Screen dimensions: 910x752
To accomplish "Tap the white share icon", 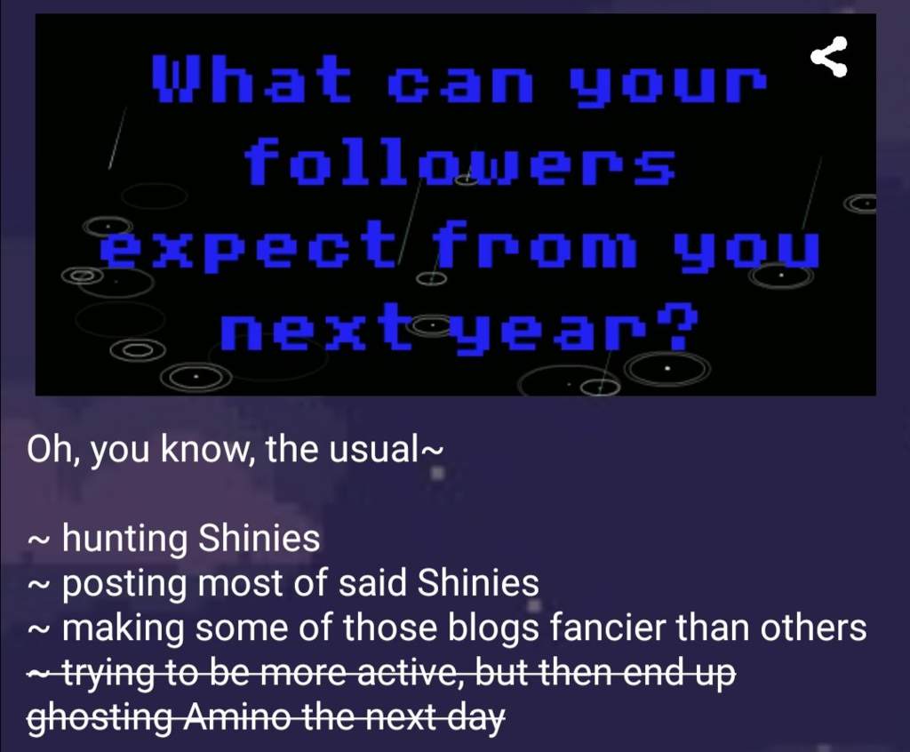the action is point(829,56).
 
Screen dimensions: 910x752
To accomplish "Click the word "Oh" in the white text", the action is point(51,450).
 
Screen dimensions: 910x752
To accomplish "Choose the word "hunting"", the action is point(124,539).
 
